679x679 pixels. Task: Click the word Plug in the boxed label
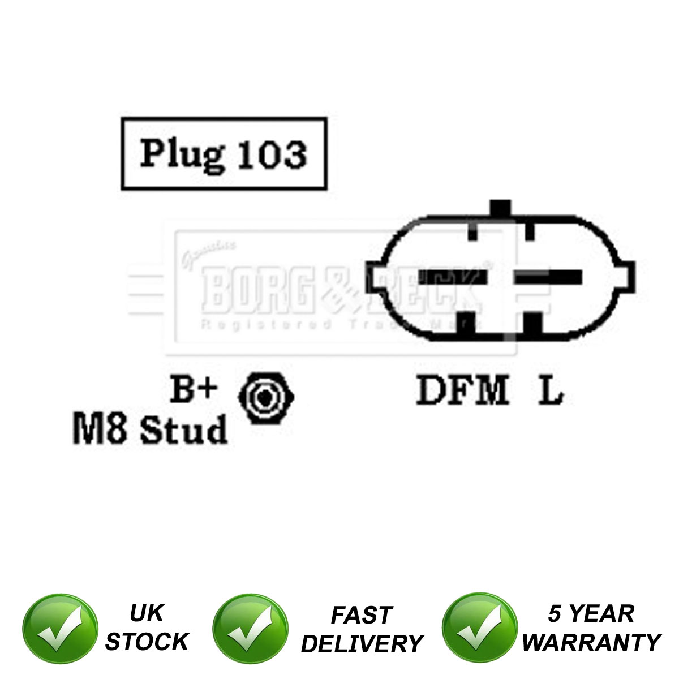[x=182, y=154]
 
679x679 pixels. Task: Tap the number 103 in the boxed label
[x=272, y=154]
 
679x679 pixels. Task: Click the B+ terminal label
[x=194, y=389]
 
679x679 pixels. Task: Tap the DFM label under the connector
[x=462, y=390]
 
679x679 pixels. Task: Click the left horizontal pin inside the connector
[x=453, y=277]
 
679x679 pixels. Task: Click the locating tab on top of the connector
[x=500, y=208]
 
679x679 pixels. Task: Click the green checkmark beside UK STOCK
[x=60, y=629]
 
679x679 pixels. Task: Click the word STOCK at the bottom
[x=147, y=642]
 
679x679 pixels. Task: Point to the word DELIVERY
[x=362, y=643]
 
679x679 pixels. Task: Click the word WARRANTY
[x=591, y=642]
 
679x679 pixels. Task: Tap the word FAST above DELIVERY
[x=362, y=615]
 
